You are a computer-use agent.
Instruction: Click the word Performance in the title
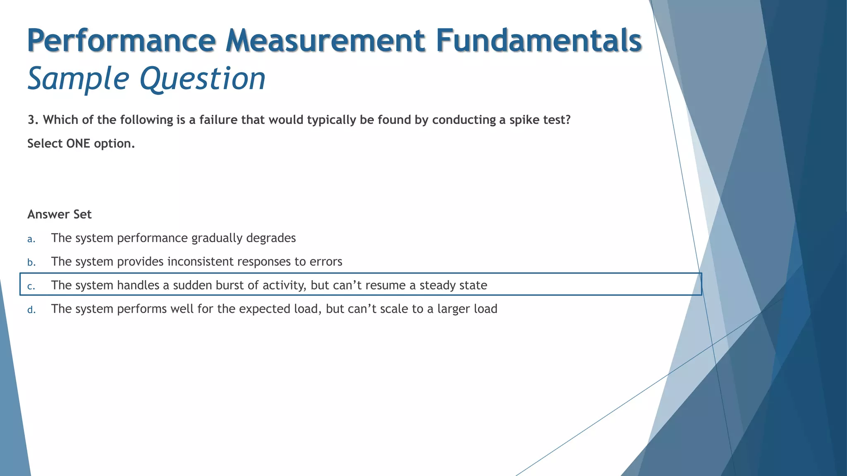pos(121,40)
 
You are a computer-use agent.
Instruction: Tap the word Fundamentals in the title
pos(538,40)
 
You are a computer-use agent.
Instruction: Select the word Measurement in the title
pos(325,40)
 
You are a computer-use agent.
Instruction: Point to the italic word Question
pos(203,79)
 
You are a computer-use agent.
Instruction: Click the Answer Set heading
pos(60,214)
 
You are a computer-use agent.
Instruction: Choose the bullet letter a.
pos(31,239)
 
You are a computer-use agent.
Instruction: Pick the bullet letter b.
pos(31,262)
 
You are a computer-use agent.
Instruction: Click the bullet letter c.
pos(31,286)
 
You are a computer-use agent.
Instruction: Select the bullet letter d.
pos(31,309)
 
